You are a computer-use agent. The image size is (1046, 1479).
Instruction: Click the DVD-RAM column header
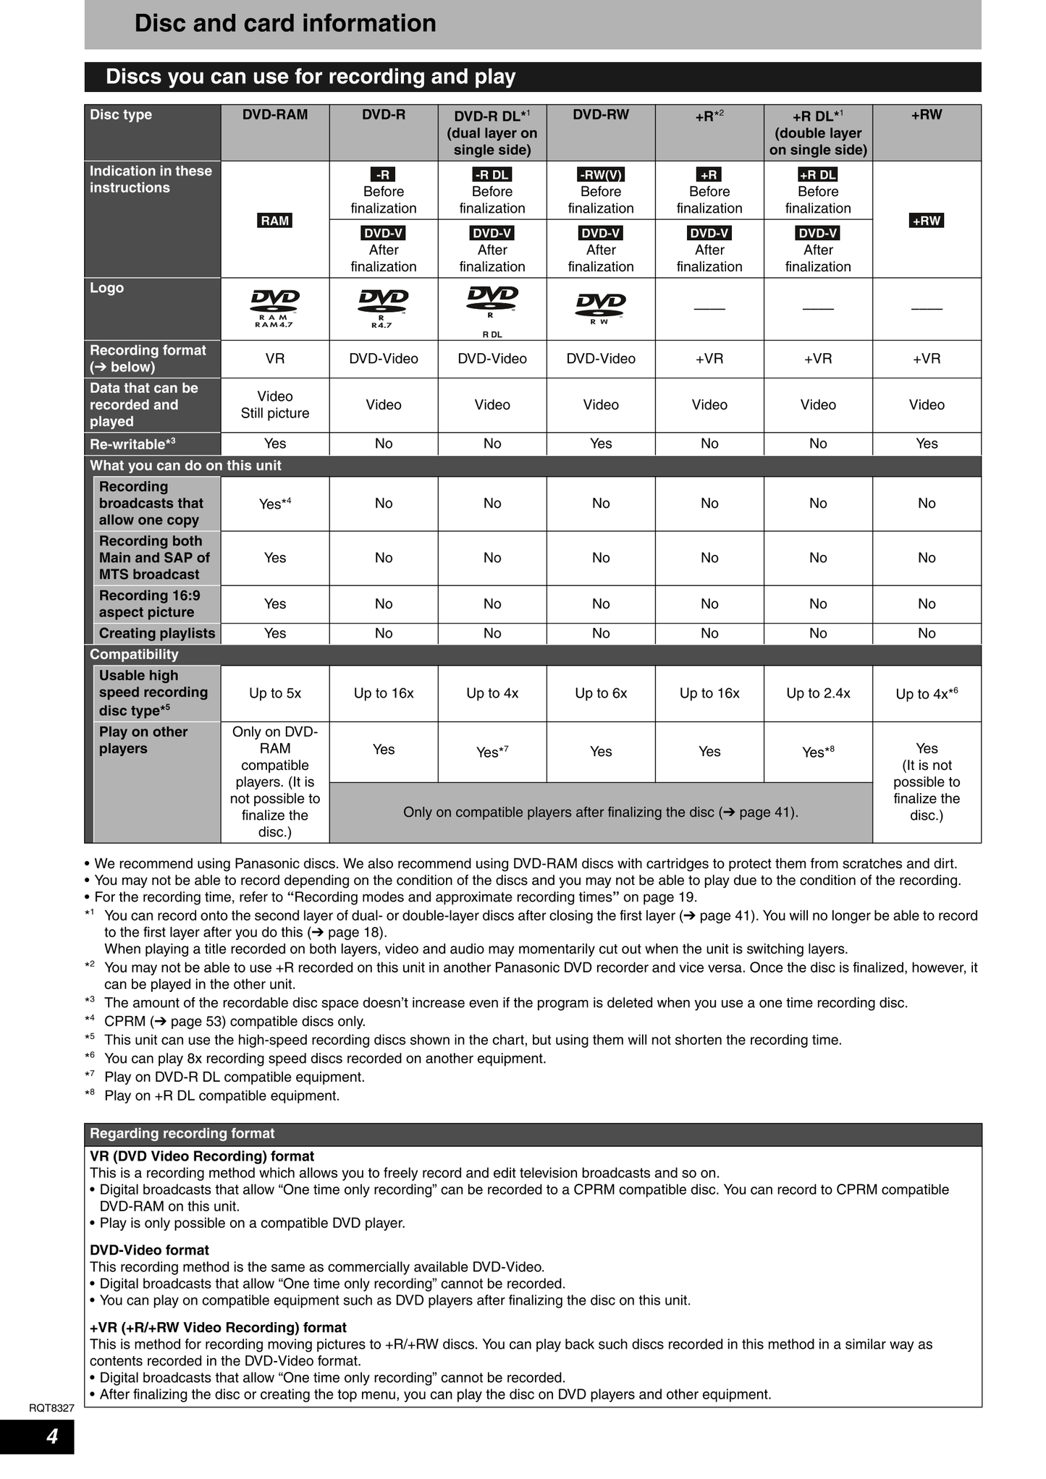point(274,115)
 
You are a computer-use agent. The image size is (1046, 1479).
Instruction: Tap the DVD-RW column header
point(601,115)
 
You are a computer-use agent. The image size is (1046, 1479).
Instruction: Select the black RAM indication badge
point(275,221)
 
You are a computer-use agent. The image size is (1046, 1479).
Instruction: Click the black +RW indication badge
point(927,221)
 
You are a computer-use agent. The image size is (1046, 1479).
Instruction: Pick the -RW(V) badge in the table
point(601,174)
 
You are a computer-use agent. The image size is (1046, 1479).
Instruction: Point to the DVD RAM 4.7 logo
point(275,308)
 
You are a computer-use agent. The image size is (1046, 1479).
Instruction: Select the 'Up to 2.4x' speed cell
point(818,693)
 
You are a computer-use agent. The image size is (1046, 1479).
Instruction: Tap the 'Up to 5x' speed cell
point(275,693)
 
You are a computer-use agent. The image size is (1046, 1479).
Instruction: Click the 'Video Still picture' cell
point(275,405)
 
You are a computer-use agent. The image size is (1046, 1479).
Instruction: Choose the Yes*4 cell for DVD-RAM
point(275,504)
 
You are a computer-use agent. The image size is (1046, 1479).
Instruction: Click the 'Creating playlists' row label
point(157,633)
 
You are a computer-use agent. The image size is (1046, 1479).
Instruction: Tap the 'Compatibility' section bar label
point(134,654)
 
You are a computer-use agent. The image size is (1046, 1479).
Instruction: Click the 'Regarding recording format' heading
point(182,1134)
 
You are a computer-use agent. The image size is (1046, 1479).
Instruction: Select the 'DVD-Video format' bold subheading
point(149,1250)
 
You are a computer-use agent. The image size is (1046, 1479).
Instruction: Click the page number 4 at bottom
point(52,1436)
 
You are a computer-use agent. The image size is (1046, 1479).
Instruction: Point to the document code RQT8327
point(51,1408)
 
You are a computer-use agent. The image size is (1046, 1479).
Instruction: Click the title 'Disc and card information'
point(285,24)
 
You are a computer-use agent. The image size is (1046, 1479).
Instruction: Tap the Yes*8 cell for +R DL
point(818,753)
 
